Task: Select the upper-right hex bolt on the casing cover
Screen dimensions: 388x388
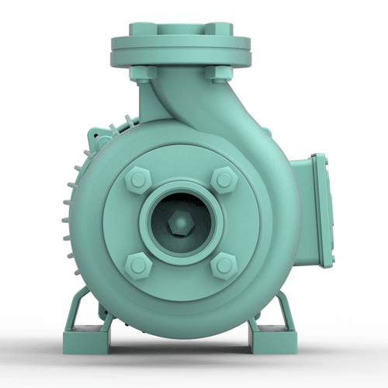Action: tap(223, 180)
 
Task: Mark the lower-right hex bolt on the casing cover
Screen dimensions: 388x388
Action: tap(223, 265)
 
